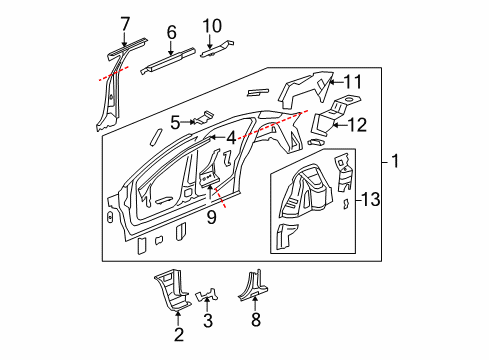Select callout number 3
point(208,320)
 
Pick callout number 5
point(175,124)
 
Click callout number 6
point(171,33)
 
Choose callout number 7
point(125,22)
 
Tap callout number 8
point(255,319)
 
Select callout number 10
point(211,25)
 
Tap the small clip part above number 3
point(208,296)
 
